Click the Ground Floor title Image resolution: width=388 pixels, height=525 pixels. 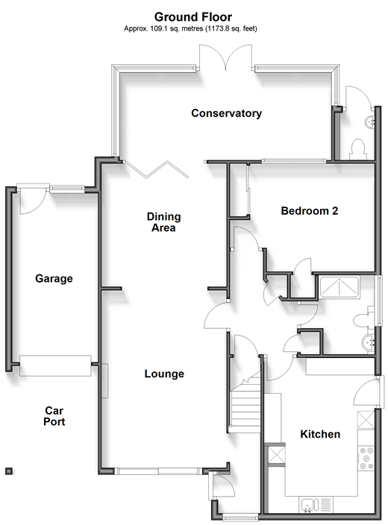193,16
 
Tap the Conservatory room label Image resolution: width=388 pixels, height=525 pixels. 227,113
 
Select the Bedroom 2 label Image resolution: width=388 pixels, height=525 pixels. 309,211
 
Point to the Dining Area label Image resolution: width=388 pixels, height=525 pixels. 163,222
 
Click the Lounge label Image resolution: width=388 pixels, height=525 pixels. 164,374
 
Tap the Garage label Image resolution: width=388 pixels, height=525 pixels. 54,279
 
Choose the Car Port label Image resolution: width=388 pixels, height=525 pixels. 54,416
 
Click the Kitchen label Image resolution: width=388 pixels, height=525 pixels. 320,434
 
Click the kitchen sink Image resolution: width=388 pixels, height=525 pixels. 310,505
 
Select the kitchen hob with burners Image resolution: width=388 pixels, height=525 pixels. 366,459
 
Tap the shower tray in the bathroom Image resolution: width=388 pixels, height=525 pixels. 339,287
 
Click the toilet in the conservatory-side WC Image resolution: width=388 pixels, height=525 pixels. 357,150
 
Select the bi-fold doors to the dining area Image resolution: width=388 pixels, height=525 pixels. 156,169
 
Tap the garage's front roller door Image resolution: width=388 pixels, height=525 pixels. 55,365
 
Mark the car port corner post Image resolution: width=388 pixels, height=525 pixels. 9,471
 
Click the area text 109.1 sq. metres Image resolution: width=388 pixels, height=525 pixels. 176,29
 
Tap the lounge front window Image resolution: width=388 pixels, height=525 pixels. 158,471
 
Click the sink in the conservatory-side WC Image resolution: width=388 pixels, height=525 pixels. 370,122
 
